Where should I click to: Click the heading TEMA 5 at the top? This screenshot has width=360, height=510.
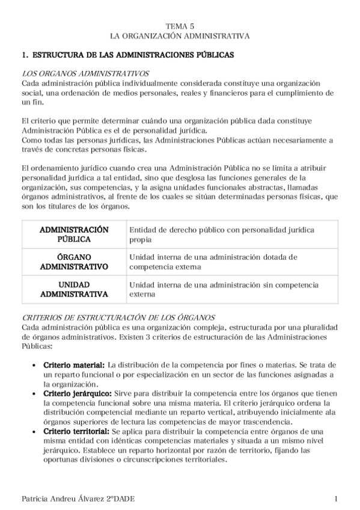coord(180,26)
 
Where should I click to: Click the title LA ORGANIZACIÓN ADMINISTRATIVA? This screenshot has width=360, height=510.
coord(180,36)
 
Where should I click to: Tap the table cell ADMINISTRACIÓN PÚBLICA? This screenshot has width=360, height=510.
coord(74,235)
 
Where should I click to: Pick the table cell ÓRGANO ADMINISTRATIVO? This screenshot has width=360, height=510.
coord(74,262)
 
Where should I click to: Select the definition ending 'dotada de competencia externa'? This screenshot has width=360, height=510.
coord(213,262)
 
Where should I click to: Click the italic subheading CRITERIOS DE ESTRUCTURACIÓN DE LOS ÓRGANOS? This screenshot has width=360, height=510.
coord(118,317)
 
